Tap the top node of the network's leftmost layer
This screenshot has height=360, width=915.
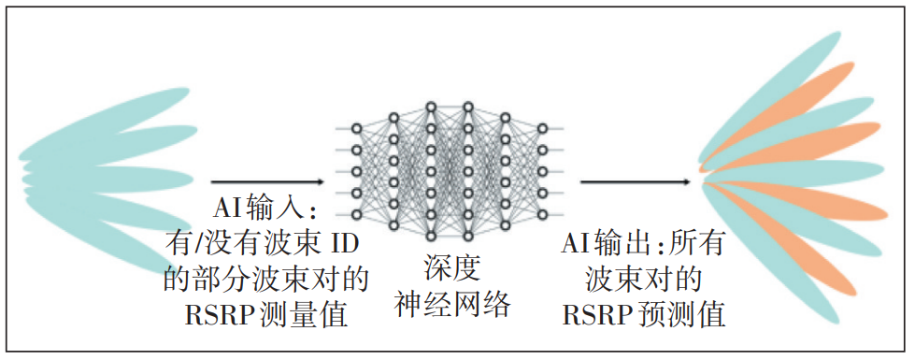pos(356,127)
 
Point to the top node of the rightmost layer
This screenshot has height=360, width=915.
pos(543,127)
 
